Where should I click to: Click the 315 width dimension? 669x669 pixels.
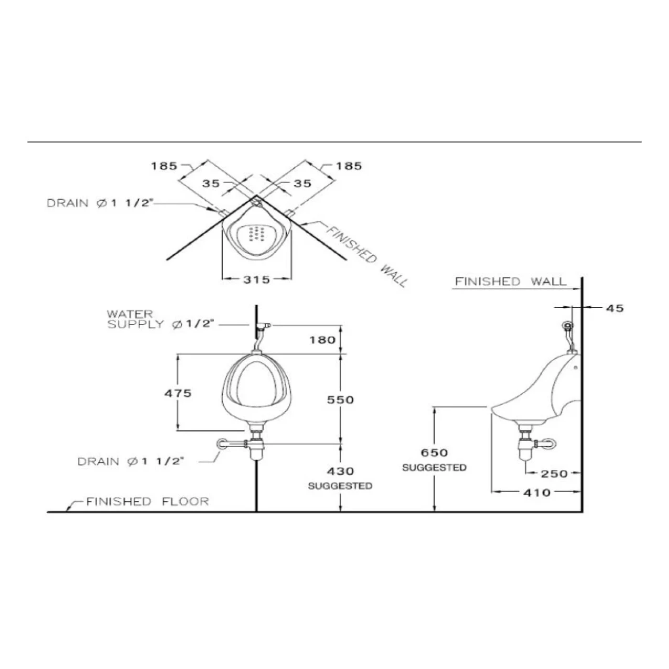click(257, 280)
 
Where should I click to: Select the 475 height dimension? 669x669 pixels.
click(178, 393)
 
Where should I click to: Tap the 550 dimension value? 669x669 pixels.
click(340, 399)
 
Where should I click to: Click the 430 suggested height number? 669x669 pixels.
click(340, 471)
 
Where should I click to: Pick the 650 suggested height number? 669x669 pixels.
click(434, 453)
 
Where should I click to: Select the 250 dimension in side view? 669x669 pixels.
click(554, 474)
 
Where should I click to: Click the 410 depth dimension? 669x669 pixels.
click(537, 492)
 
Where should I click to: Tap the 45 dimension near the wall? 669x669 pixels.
click(615, 308)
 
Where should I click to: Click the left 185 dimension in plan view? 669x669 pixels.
click(164, 166)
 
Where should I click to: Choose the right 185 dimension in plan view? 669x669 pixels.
click(349, 166)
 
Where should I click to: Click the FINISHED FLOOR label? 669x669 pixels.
click(147, 501)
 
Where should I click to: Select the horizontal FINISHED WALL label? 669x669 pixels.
click(510, 281)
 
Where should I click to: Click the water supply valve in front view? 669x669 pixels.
click(262, 325)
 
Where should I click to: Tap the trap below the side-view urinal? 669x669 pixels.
click(526, 447)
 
